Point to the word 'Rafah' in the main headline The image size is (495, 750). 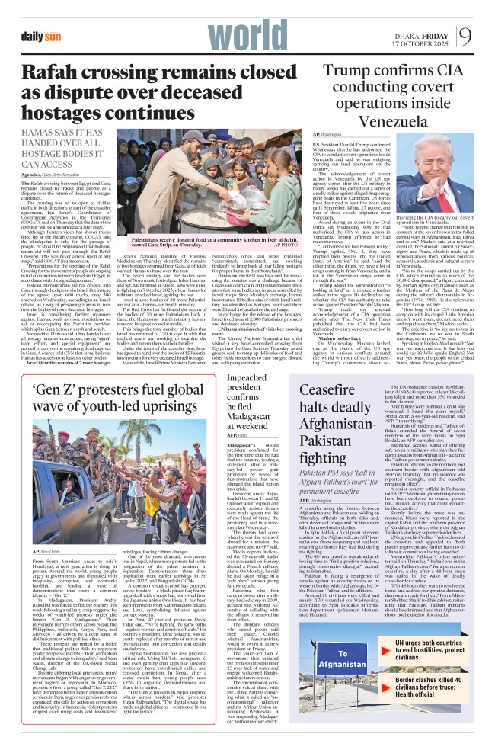(x=54, y=72)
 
